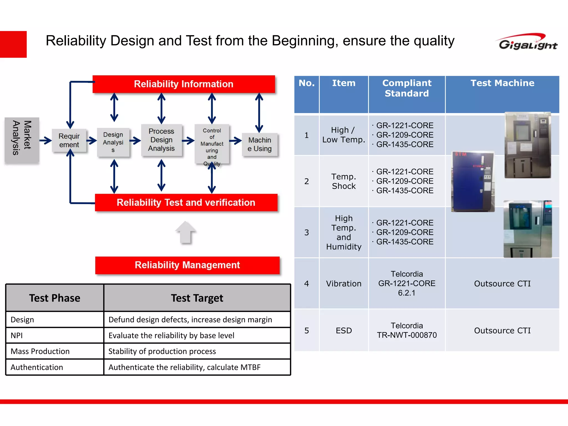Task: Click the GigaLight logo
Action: [528, 42]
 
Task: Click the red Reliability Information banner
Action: [184, 84]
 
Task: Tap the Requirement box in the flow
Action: [69, 140]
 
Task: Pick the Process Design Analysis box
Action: [161, 140]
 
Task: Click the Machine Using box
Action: [260, 144]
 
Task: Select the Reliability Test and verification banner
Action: [186, 202]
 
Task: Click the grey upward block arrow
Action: [186, 232]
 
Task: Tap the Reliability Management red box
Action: [187, 265]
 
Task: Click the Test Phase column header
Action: [55, 298]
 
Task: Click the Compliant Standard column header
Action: [407, 88]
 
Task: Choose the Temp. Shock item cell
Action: [344, 181]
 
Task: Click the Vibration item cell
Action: [344, 283]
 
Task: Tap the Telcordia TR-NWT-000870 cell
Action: [407, 330]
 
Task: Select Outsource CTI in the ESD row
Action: [502, 330]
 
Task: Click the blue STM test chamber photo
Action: [473, 182]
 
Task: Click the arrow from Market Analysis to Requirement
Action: [45, 140]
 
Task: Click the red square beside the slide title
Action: [13, 44]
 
